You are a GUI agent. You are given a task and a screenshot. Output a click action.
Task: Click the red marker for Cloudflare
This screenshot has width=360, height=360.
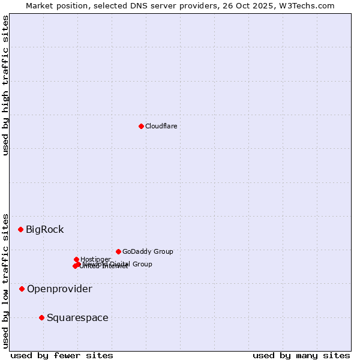[x=141, y=126]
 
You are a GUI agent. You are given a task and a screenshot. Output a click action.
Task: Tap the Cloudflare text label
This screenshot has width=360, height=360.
[x=161, y=126]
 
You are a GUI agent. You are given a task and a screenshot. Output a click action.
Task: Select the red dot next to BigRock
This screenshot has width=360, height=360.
[x=20, y=229]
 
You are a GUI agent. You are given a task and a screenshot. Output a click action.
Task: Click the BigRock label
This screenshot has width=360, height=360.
[x=44, y=229]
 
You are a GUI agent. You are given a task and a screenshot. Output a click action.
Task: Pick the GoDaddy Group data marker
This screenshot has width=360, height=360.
[x=118, y=251]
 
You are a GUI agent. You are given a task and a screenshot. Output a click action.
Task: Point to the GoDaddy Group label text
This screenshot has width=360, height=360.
[x=148, y=251]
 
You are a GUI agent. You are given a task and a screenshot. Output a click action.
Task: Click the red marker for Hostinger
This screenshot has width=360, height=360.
[x=76, y=259]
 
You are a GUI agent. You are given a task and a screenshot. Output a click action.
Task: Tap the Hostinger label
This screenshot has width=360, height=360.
[x=95, y=259]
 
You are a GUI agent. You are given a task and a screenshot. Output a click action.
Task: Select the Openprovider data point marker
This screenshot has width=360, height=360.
[x=22, y=289]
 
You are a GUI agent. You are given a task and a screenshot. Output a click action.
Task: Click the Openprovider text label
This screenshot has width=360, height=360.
[x=59, y=289]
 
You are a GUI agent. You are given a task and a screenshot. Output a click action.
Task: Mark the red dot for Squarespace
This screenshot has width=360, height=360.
[x=41, y=317]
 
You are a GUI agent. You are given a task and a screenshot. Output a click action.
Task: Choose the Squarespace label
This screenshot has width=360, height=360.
[x=77, y=317]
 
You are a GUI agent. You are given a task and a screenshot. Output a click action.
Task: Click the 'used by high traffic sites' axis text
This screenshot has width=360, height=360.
[x=5, y=85]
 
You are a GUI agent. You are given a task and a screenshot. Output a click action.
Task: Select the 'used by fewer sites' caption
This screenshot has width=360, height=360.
[x=62, y=355]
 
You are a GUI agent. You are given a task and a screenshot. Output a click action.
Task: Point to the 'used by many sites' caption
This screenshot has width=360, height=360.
[x=301, y=355]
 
